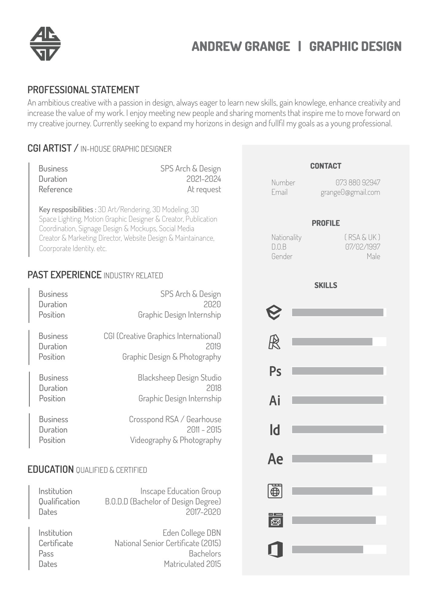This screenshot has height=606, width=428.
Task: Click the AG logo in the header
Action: pyautogui.click(x=45, y=44)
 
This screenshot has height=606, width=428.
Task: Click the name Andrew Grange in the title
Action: pyautogui.click(x=241, y=46)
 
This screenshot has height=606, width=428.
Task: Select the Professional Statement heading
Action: pyautogui.click(x=83, y=90)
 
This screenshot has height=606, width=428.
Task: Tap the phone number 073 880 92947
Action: pyautogui.click(x=358, y=182)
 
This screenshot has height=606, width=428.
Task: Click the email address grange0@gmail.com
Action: pyautogui.click(x=350, y=192)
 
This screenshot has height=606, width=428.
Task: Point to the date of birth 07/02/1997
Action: pyautogui.click(x=363, y=247)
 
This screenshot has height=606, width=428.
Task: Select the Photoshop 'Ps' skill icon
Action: pyautogui.click(x=275, y=371)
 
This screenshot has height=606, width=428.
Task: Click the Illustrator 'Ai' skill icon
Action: pyautogui.click(x=275, y=401)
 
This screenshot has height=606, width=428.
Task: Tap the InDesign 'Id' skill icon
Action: pyautogui.click(x=275, y=430)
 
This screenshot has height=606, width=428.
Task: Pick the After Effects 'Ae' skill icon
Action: pyautogui.click(x=275, y=459)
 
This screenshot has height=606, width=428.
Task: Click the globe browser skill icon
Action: pyautogui.click(x=275, y=491)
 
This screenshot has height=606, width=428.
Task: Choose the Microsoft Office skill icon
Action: pyautogui.click(x=275, y=549)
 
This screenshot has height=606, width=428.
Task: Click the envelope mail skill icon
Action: pyautogui.click(x=275, y=520)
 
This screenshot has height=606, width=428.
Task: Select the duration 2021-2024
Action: pyautogui.click(x=203, y=179)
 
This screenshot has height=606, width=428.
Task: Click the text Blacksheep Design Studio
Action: pyautogui.click(x=179, y=378)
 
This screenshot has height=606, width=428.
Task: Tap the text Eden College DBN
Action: pyautogui.click(x=192, y=533)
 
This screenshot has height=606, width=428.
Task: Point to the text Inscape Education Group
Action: pyautogui.click(x=180, y=491)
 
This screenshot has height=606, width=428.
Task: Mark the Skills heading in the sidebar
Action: pyautogui.click(x=326, y=285)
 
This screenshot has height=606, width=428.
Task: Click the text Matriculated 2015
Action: pyautogui.click(x=192, y=564)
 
